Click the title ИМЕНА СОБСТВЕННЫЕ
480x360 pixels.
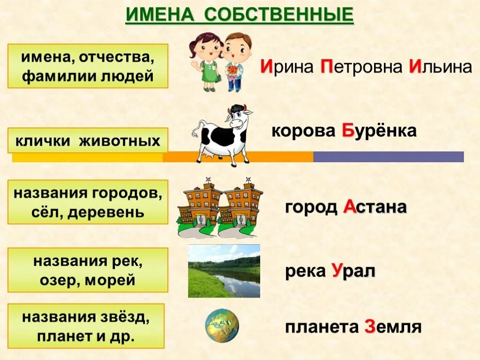239,15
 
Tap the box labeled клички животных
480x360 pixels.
88,140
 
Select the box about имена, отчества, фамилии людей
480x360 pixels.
88,66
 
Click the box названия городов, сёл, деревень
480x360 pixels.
88,202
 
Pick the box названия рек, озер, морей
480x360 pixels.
88,270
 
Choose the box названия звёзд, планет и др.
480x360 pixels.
86,326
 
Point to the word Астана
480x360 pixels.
375,207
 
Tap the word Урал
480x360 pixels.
353,271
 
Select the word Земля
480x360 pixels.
392,327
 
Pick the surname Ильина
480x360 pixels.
440,67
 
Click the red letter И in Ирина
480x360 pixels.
267,67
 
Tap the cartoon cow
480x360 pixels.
223,135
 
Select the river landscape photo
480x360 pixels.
224,271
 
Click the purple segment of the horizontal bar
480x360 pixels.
388,157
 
